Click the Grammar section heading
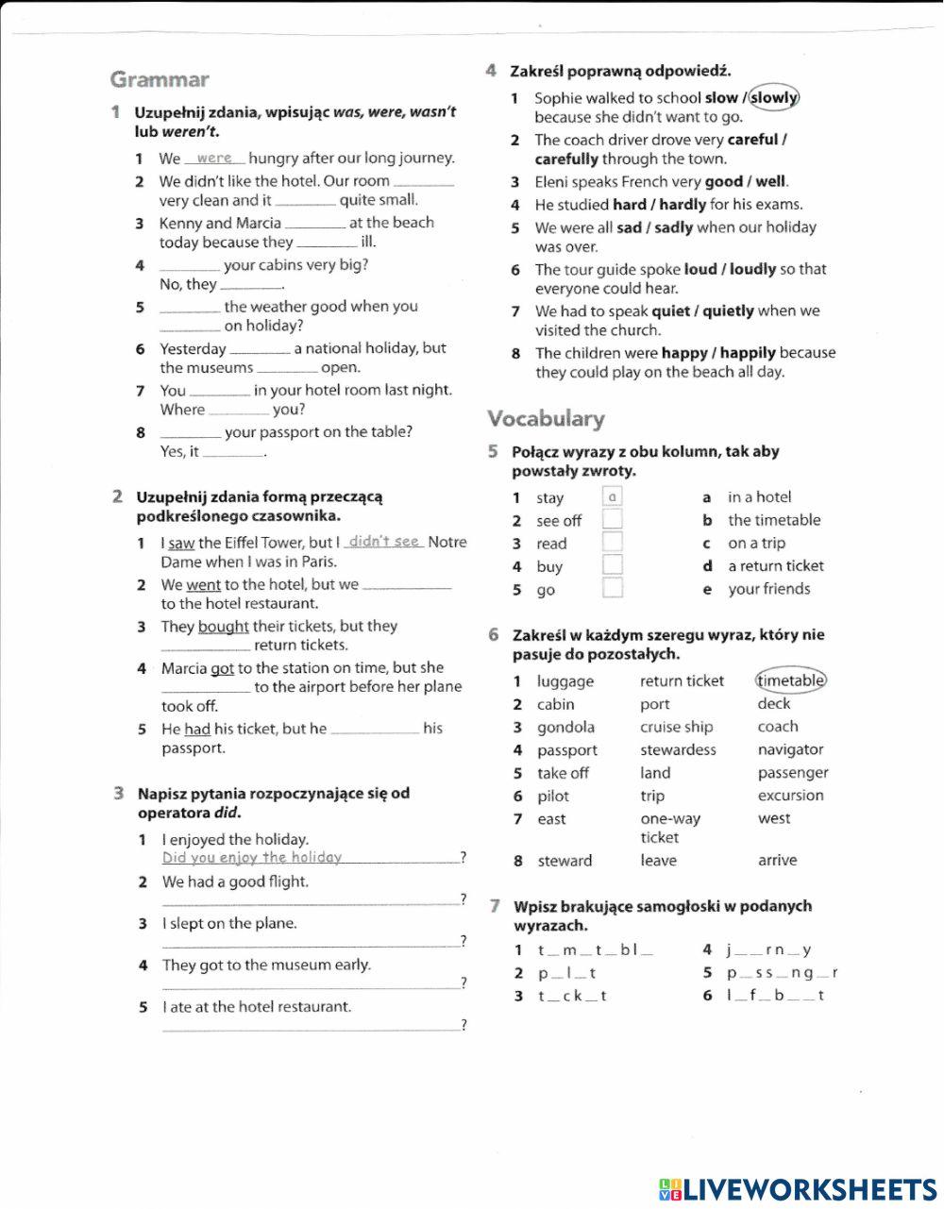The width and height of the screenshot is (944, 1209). tap(160, 79)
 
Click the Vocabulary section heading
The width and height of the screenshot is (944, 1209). tap(546, 418)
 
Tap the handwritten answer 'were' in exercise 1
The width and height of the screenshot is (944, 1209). tap(214, 158)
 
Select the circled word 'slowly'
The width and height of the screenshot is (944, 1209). tap(774, 97)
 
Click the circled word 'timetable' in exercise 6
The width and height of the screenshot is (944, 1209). tap(791, 680)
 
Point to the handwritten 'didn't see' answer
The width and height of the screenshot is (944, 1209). tap(384, 542)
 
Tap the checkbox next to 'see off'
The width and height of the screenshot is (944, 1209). tap(613, 520)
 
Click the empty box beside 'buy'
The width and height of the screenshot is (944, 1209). tap(613, 566)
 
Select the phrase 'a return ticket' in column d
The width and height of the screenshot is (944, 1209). tap(775, 566)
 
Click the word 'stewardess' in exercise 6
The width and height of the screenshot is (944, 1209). tap(678, 750)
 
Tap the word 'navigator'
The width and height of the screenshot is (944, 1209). tap(790, 750)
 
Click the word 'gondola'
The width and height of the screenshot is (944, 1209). tap(565, 728)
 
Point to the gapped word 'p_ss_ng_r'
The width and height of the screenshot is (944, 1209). tap(782, 973)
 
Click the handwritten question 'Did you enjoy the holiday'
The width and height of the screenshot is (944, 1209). tap(252, 858)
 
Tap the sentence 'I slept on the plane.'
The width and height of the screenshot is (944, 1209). tap(229, 924)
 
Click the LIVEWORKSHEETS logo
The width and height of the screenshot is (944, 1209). tap(798, 1189)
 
